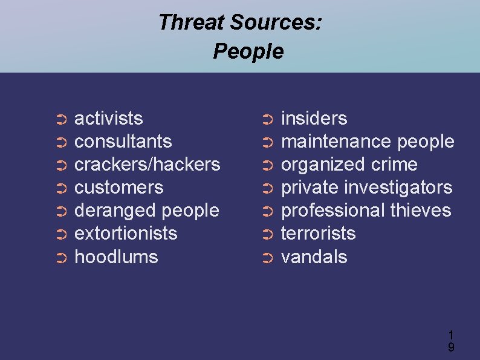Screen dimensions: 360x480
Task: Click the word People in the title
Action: click(248, 51)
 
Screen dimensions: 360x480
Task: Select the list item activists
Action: click(108, 118)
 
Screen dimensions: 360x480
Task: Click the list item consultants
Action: click(123, 141)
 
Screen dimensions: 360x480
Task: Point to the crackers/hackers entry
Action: click(147, 164)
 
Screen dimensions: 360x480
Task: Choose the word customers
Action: click(118, 187)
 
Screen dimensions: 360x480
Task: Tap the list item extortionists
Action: click(126, 233)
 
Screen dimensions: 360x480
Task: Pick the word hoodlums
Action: click(116, 257)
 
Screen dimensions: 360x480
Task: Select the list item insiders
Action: click(314, 118)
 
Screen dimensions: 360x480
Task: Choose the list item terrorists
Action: click(319, 233)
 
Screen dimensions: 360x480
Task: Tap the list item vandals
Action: click(314, 257)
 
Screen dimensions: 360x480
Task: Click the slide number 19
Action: click(451, 341)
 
